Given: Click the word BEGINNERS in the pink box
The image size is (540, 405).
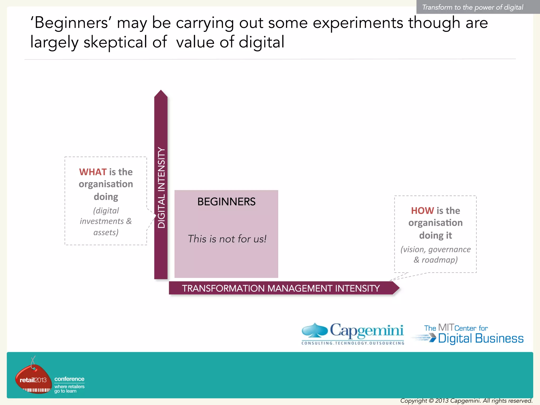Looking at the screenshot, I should point(226,202).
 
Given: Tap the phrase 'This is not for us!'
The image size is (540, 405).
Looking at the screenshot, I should point(227,239).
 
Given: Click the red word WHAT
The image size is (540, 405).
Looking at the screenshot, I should point(93,172).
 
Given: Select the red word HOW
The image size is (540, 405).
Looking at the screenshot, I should point(422,211).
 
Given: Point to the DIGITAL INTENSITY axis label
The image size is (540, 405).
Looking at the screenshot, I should point(161,187).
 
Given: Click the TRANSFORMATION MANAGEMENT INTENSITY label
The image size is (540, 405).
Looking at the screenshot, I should point(281,288).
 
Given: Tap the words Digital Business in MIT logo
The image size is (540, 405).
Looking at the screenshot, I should point(481,339).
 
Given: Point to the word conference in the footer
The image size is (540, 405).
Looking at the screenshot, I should point(69,379).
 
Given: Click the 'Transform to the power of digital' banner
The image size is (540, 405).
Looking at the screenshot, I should point(472,7).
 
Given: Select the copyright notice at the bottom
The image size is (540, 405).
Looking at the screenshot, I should point(466,401).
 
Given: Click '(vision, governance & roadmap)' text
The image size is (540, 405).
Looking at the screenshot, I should point(436,254).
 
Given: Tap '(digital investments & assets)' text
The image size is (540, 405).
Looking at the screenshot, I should point(106,221).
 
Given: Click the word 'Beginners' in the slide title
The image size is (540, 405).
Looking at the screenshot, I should point(71,23).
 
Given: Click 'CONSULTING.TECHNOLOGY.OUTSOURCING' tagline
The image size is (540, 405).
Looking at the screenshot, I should point(353,343).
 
